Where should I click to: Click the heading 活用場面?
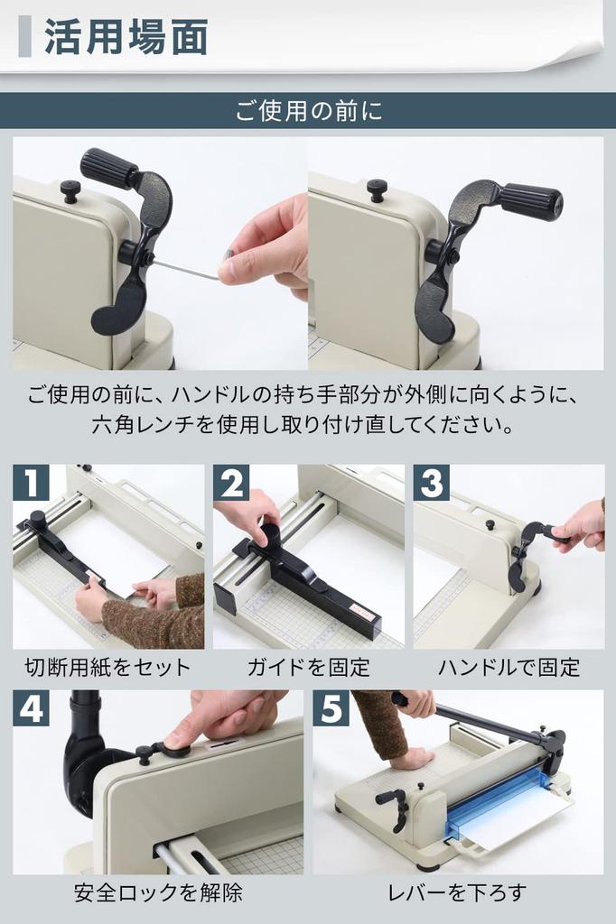tap(126, 37)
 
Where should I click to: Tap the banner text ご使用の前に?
tap(309, 110)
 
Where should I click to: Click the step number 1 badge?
tap(31, 482)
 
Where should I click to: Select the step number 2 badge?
tap(230, 482)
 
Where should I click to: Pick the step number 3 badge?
tap(431, 482)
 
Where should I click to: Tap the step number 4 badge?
tap(31, 707)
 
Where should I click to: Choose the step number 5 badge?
tap(331, 707)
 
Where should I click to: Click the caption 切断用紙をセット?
tap(108, 667)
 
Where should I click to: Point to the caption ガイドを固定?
tap(309, 667)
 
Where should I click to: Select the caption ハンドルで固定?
tap(509, 667)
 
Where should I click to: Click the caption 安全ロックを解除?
tap(158, 892)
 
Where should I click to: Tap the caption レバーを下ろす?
tap(457, 892)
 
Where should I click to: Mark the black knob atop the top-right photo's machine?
tap(378, 190)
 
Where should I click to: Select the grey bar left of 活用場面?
tap(24, 36)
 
